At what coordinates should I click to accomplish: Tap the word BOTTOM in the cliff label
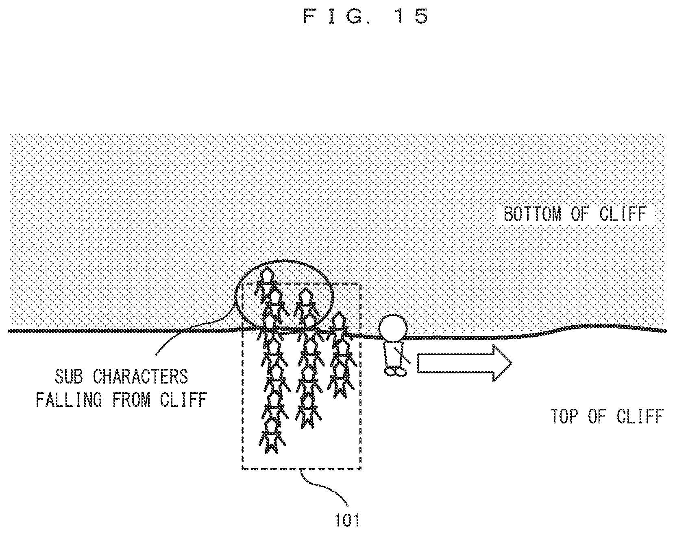[532, 214]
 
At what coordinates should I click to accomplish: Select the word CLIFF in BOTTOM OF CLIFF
[622, 214]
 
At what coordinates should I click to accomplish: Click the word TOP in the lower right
[565, 417]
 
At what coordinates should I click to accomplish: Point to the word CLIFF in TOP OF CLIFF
[640, 417]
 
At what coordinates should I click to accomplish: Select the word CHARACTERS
[141, 377]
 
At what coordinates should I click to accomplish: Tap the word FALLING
[69, 399]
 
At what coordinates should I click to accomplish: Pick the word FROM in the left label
[131, 399]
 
